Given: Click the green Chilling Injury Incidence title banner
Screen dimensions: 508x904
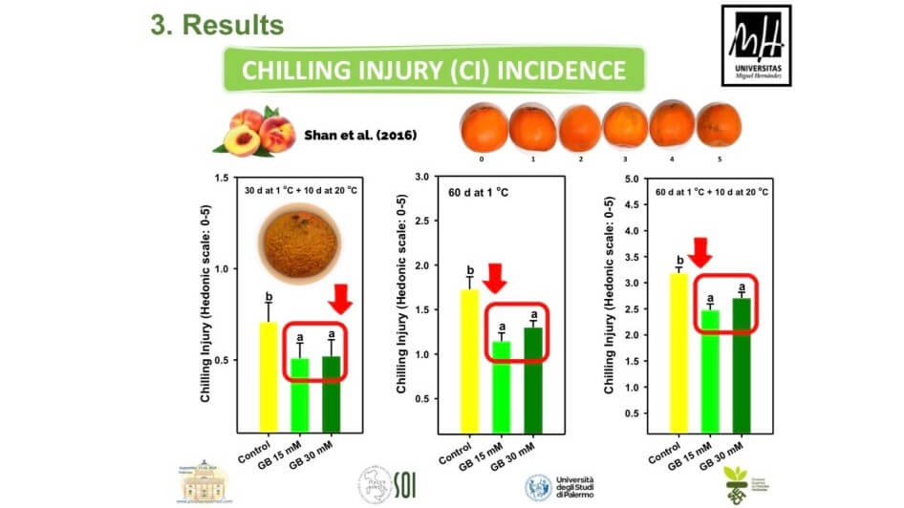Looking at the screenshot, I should tap(435, 70).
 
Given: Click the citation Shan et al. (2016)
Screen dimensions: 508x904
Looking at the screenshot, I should tap(358, 134).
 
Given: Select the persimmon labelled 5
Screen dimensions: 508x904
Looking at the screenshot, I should tap(718, 125).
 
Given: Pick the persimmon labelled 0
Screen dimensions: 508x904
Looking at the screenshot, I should tap(483, 125).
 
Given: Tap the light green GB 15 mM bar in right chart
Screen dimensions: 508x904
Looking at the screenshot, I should tap(711, 370).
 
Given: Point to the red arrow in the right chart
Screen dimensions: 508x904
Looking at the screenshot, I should tap(700, 253).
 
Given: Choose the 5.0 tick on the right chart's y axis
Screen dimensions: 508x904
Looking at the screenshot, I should tap(632, 179).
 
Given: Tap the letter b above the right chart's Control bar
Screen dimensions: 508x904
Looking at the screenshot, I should tap(679, 260).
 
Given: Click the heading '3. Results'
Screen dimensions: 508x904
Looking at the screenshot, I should tap(217, 25).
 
